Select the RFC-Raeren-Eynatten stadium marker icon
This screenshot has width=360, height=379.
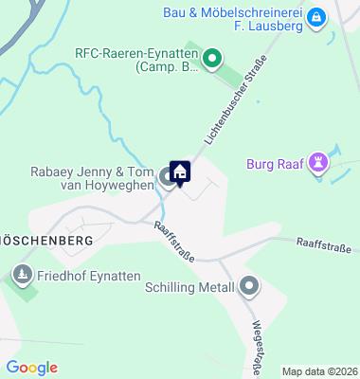(x=213, y=59)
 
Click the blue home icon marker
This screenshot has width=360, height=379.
(x=179, y=171)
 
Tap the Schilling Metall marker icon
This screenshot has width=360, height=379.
(x=249, y=285)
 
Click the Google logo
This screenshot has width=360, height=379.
(x=31, y=368)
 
